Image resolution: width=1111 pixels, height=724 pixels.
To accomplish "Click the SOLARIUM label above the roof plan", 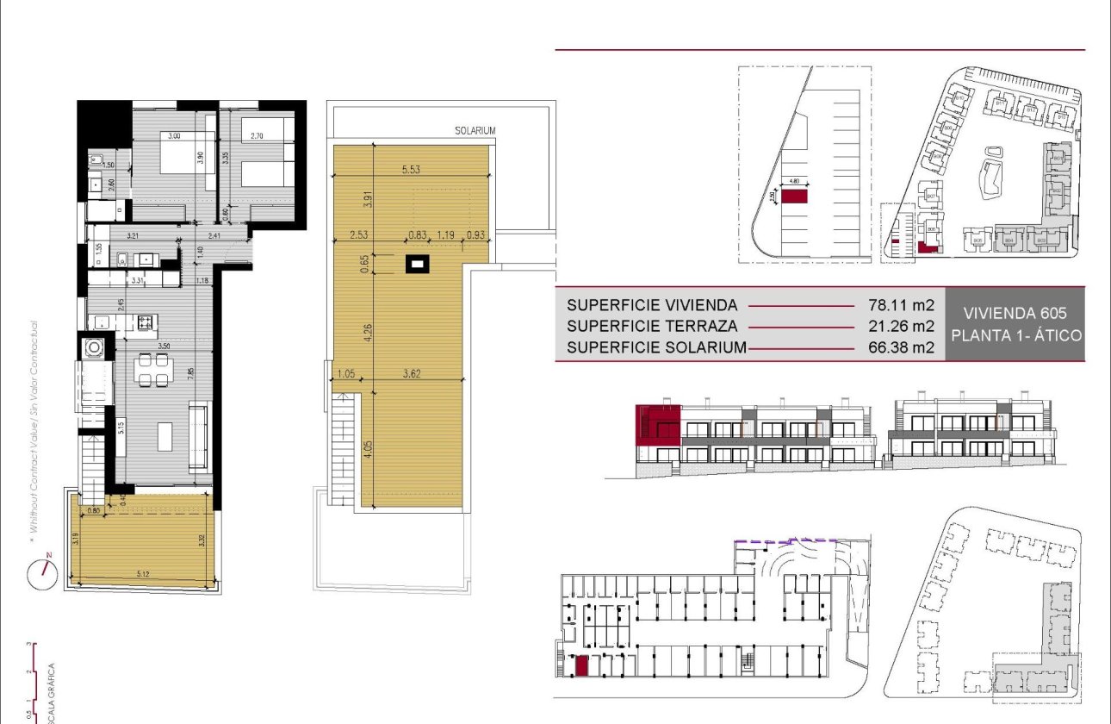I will point(475,131).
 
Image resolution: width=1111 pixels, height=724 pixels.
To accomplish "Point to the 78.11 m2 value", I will point(900,305).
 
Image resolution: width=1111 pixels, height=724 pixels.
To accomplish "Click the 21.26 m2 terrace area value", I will point(900,327).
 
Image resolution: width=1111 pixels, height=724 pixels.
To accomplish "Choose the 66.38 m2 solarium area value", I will point(900,348).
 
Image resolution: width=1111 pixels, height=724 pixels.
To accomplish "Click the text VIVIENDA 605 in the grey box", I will point(1015,313).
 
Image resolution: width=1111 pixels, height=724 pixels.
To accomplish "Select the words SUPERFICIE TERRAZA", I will point(651,327).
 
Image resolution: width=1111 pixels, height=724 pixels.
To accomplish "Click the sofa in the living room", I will point(198,436).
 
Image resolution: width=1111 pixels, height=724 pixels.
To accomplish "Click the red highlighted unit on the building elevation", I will point(658,425).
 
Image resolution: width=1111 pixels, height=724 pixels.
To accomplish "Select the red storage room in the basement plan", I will point(581,665).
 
